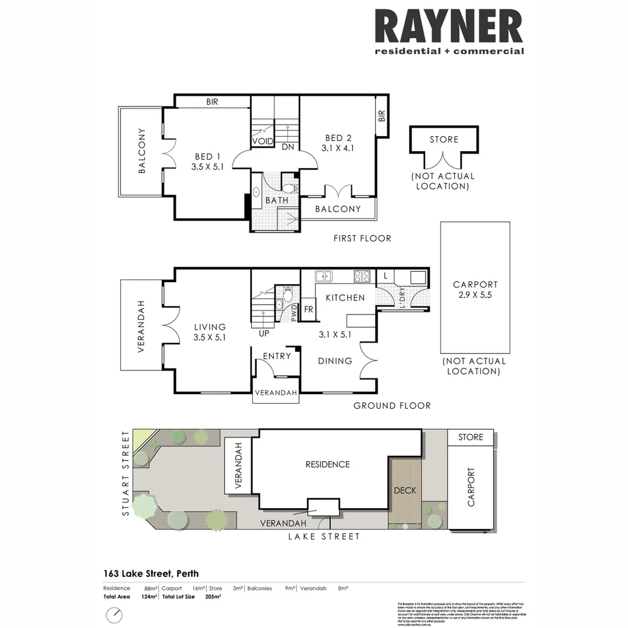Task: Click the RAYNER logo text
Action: point(449,27)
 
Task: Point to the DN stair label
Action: point(288,148)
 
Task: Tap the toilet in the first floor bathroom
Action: point(290,188)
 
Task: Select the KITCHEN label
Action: point(345,298)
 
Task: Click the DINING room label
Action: point(335,361)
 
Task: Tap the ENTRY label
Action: point(277,356)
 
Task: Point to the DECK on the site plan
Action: point(405,490)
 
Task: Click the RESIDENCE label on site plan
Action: point(328,464)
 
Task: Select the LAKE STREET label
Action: point(324,537)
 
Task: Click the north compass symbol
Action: point(115,614)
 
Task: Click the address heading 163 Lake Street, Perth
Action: point(151,573)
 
